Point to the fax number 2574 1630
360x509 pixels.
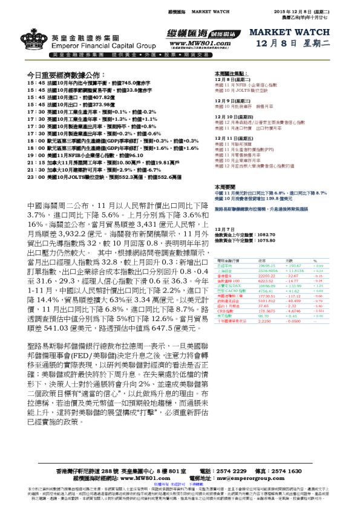click(x=287, y=470)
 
